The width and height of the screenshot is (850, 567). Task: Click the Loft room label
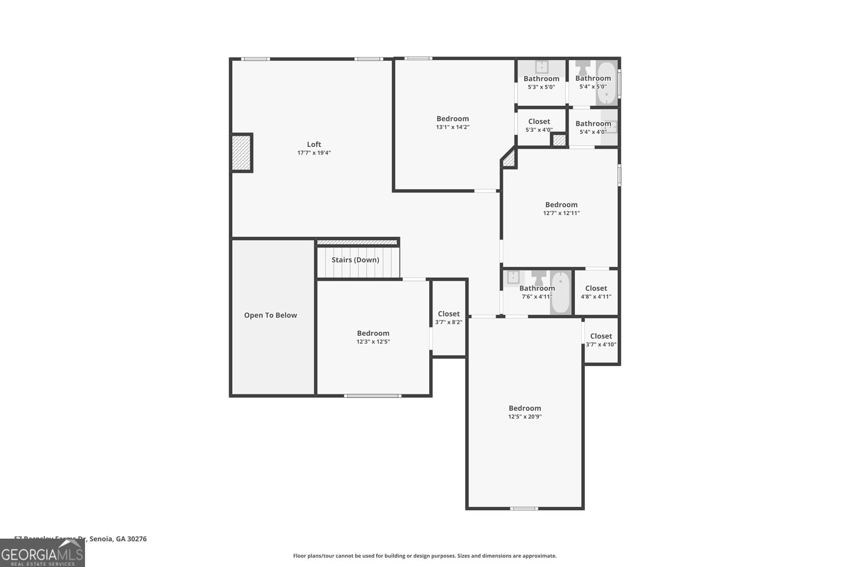tap(314, 144)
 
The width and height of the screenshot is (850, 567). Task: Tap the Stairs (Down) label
tap(355, 260)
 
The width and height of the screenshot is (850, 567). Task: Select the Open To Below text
tap(270, 315)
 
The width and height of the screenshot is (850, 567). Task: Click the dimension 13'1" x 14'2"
tap(453, 127)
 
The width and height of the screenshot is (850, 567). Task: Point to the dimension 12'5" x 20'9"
tap(525, 417)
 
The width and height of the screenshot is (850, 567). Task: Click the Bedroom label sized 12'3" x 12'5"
tap(373, 333)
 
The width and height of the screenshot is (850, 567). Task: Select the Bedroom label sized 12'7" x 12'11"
tap(561, 205)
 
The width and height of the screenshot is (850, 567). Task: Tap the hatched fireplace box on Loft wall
tap(241, 153)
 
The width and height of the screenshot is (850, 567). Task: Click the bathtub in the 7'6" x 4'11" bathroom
tap(560, 293)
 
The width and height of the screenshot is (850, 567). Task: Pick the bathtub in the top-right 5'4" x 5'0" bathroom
tap(606, 83)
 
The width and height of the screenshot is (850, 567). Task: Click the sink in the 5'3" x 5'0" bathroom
tap(541, 67)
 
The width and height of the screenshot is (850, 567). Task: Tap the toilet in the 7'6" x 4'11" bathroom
tap(539, 277)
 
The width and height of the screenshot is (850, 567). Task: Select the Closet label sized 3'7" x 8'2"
tap(449, 314)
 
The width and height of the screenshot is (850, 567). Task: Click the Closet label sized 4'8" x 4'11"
tap(596, 288)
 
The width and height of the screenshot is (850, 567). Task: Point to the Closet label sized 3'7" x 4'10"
tap(601, 336)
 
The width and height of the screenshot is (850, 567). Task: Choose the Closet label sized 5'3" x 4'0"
tap(539, 121)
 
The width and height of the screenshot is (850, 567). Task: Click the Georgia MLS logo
tap(42, 554)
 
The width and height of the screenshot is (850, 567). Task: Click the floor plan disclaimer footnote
tap(424, 556)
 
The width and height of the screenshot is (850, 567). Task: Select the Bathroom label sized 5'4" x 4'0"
tap(593, 123)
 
